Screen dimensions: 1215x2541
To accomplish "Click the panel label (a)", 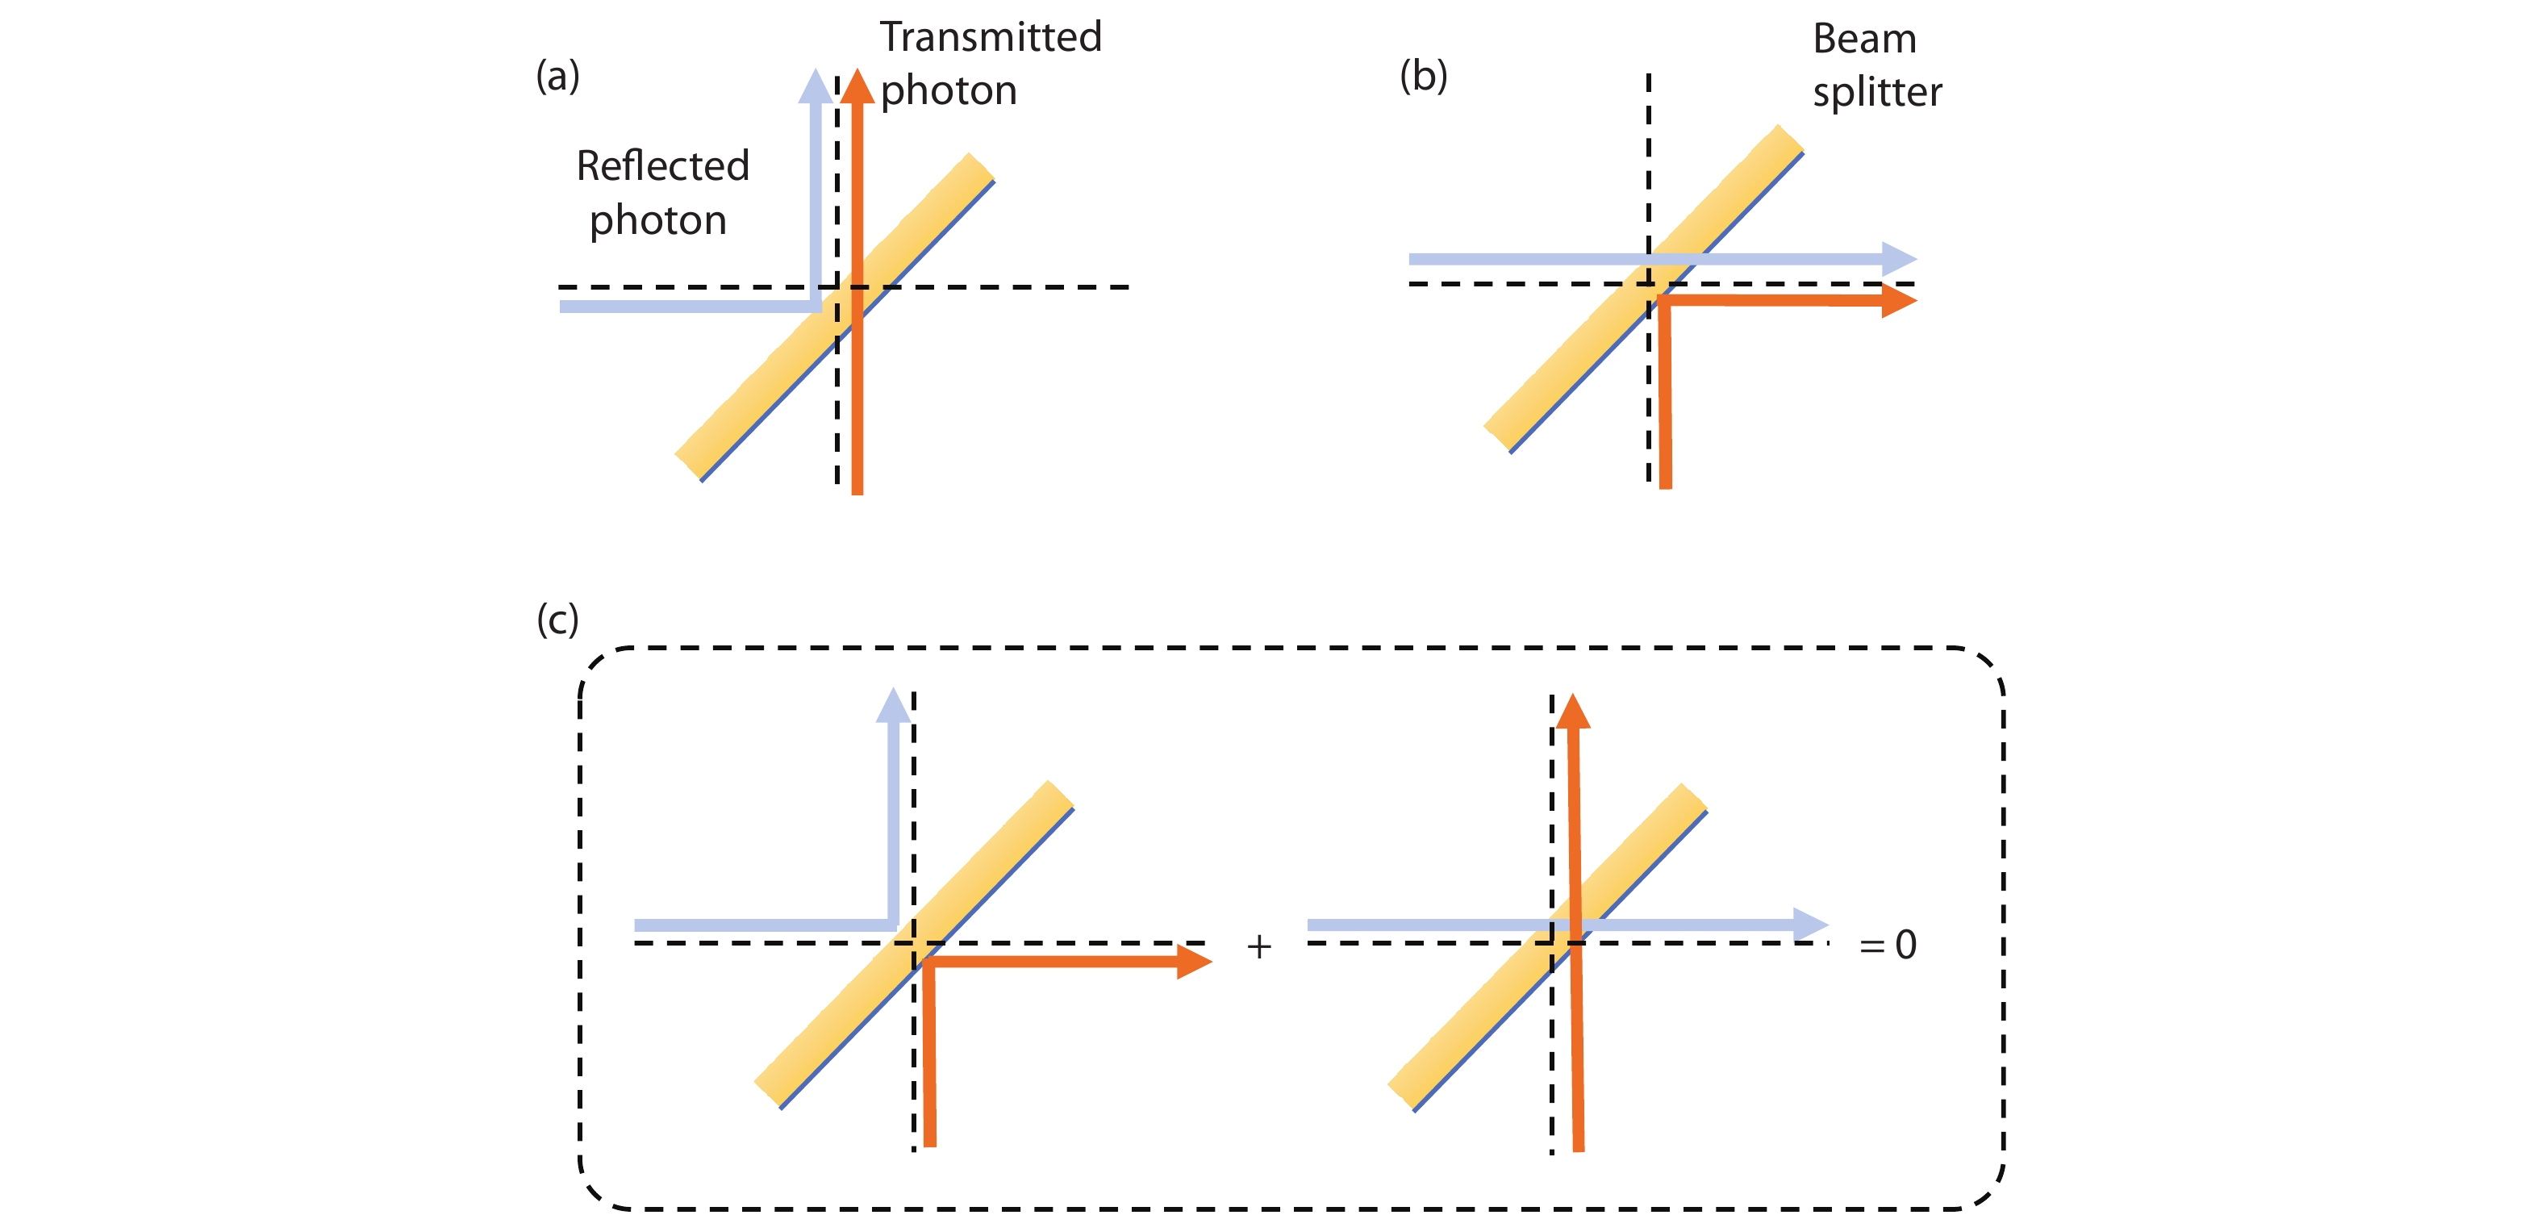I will (557, 76).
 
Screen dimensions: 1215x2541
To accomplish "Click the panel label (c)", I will (557, 620).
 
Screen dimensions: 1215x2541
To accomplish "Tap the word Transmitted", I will (991, 37).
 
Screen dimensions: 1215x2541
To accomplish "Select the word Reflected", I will (663, 165).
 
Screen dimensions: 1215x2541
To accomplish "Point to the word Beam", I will (1864, 40).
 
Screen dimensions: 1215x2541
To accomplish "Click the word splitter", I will (1877, 93).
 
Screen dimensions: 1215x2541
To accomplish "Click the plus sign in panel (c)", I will (1258, 947).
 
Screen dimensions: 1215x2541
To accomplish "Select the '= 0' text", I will (1888, 945).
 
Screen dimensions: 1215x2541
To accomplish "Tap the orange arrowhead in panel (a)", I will (857, 87).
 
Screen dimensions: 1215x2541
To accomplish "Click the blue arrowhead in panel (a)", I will (816, 87).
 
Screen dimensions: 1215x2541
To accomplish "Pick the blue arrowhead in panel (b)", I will (1898, 259).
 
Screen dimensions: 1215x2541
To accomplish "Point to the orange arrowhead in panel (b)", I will (1898, 300).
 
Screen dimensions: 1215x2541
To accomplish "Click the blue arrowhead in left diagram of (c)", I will (894, 706).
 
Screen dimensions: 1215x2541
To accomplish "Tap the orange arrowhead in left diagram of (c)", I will (1194, 962).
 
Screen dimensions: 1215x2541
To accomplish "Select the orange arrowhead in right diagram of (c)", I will (1572, 712).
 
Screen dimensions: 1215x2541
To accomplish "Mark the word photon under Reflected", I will (658, 221).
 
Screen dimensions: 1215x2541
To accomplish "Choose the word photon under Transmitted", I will (949, 90).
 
